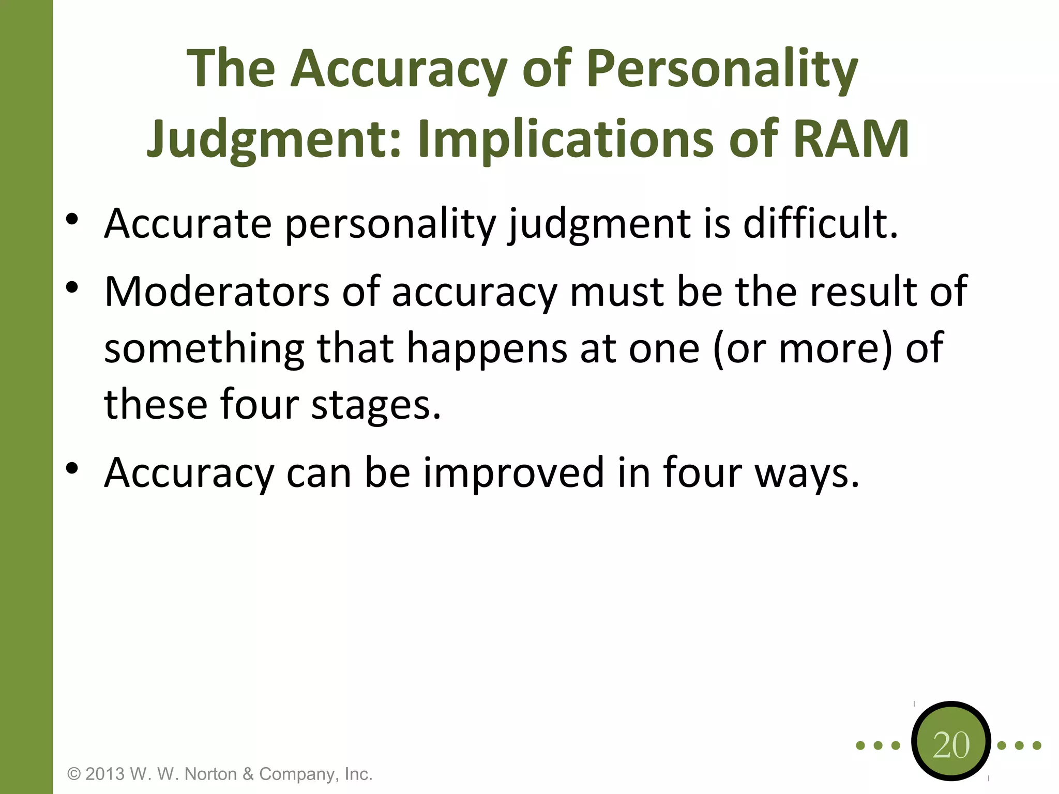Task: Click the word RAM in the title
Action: (850, 139)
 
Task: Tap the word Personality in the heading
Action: (722, 69)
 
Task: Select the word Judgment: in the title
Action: (274, 139)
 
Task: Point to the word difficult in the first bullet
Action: (820, 223)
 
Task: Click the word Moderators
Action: (217, 292)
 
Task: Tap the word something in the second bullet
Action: (204, 348)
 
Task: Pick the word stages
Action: (376, 404)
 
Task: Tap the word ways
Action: (807, 473)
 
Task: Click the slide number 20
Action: (951, 745)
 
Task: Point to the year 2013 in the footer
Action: (105, 774)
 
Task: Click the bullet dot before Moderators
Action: (72, 287)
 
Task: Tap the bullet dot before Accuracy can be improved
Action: (72, 468)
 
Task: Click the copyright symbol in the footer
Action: (74, 774)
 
